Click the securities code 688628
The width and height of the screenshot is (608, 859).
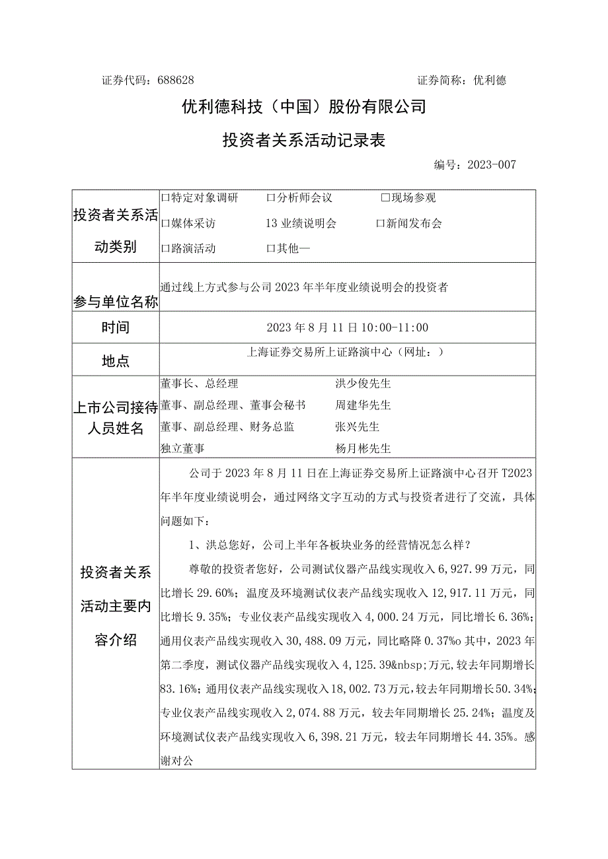[176, 81]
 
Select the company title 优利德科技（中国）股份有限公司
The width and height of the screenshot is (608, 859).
[304, 106]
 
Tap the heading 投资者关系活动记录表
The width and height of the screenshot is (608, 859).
[303, 140]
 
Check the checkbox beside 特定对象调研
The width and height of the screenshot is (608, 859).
[165, 198]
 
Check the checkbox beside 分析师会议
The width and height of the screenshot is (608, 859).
[270, 198]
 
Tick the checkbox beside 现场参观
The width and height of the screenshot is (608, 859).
[385, 198]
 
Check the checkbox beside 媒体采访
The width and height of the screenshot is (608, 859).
[165, 224]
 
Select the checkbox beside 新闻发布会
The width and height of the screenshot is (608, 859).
[380, 224]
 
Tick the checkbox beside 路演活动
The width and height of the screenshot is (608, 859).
[165, 249]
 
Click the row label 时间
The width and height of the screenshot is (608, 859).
[116, 327]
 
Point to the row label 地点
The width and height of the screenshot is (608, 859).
[116, 361]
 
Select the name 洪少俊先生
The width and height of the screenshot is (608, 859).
[363, 384]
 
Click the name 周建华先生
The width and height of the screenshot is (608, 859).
[363, 405]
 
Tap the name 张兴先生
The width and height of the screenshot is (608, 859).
[358, 427]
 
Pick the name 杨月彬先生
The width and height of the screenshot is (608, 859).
[363, 448]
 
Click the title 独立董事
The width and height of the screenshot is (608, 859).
[182, 448]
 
